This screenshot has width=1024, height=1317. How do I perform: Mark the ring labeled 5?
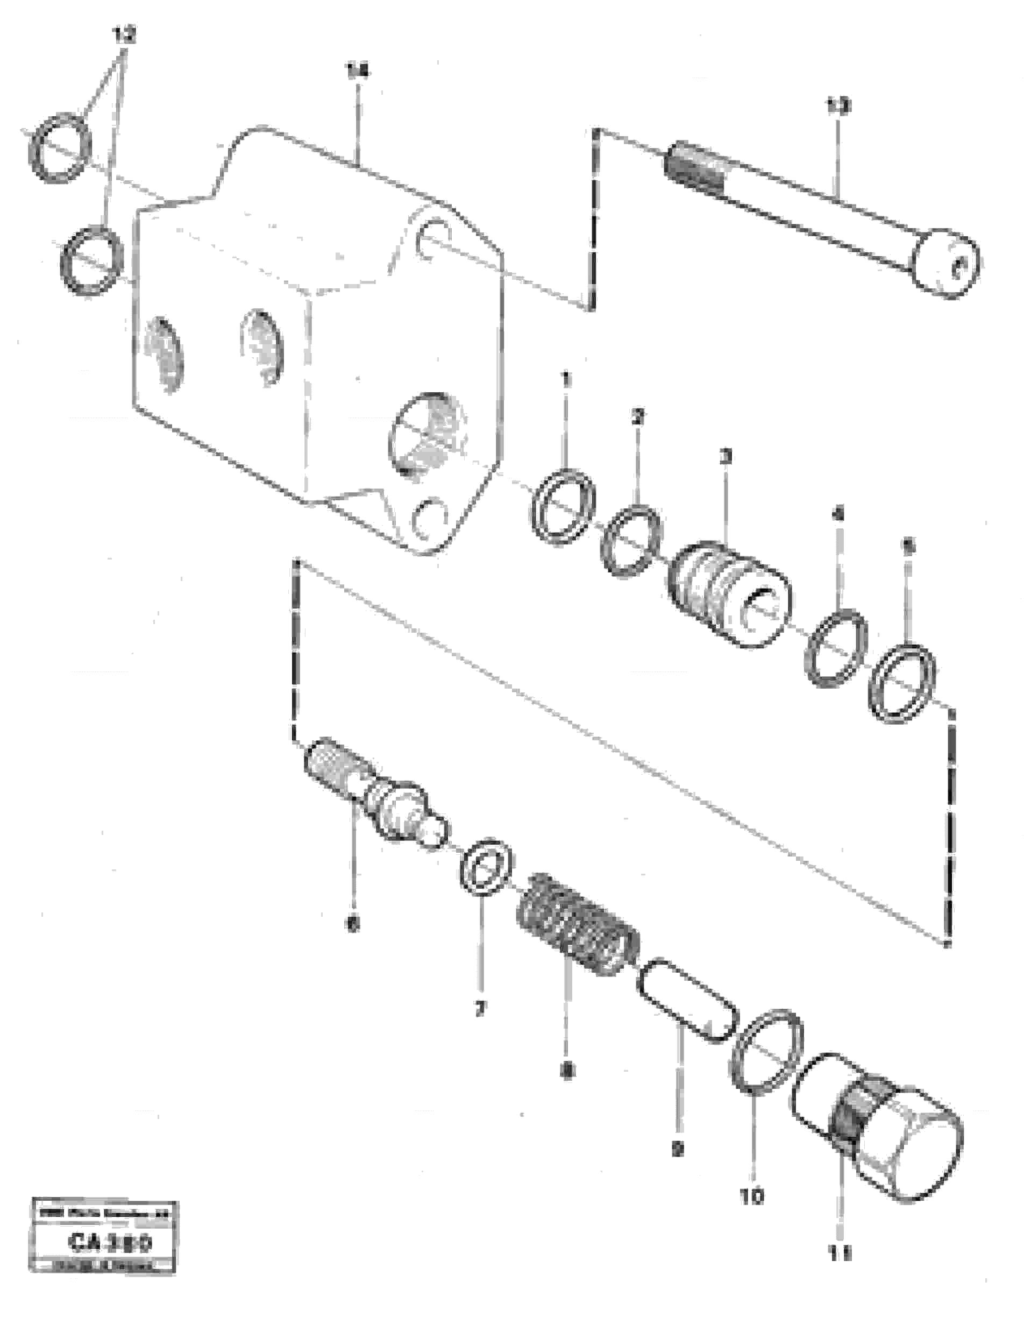pyautogui.click(x=902, y=684)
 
